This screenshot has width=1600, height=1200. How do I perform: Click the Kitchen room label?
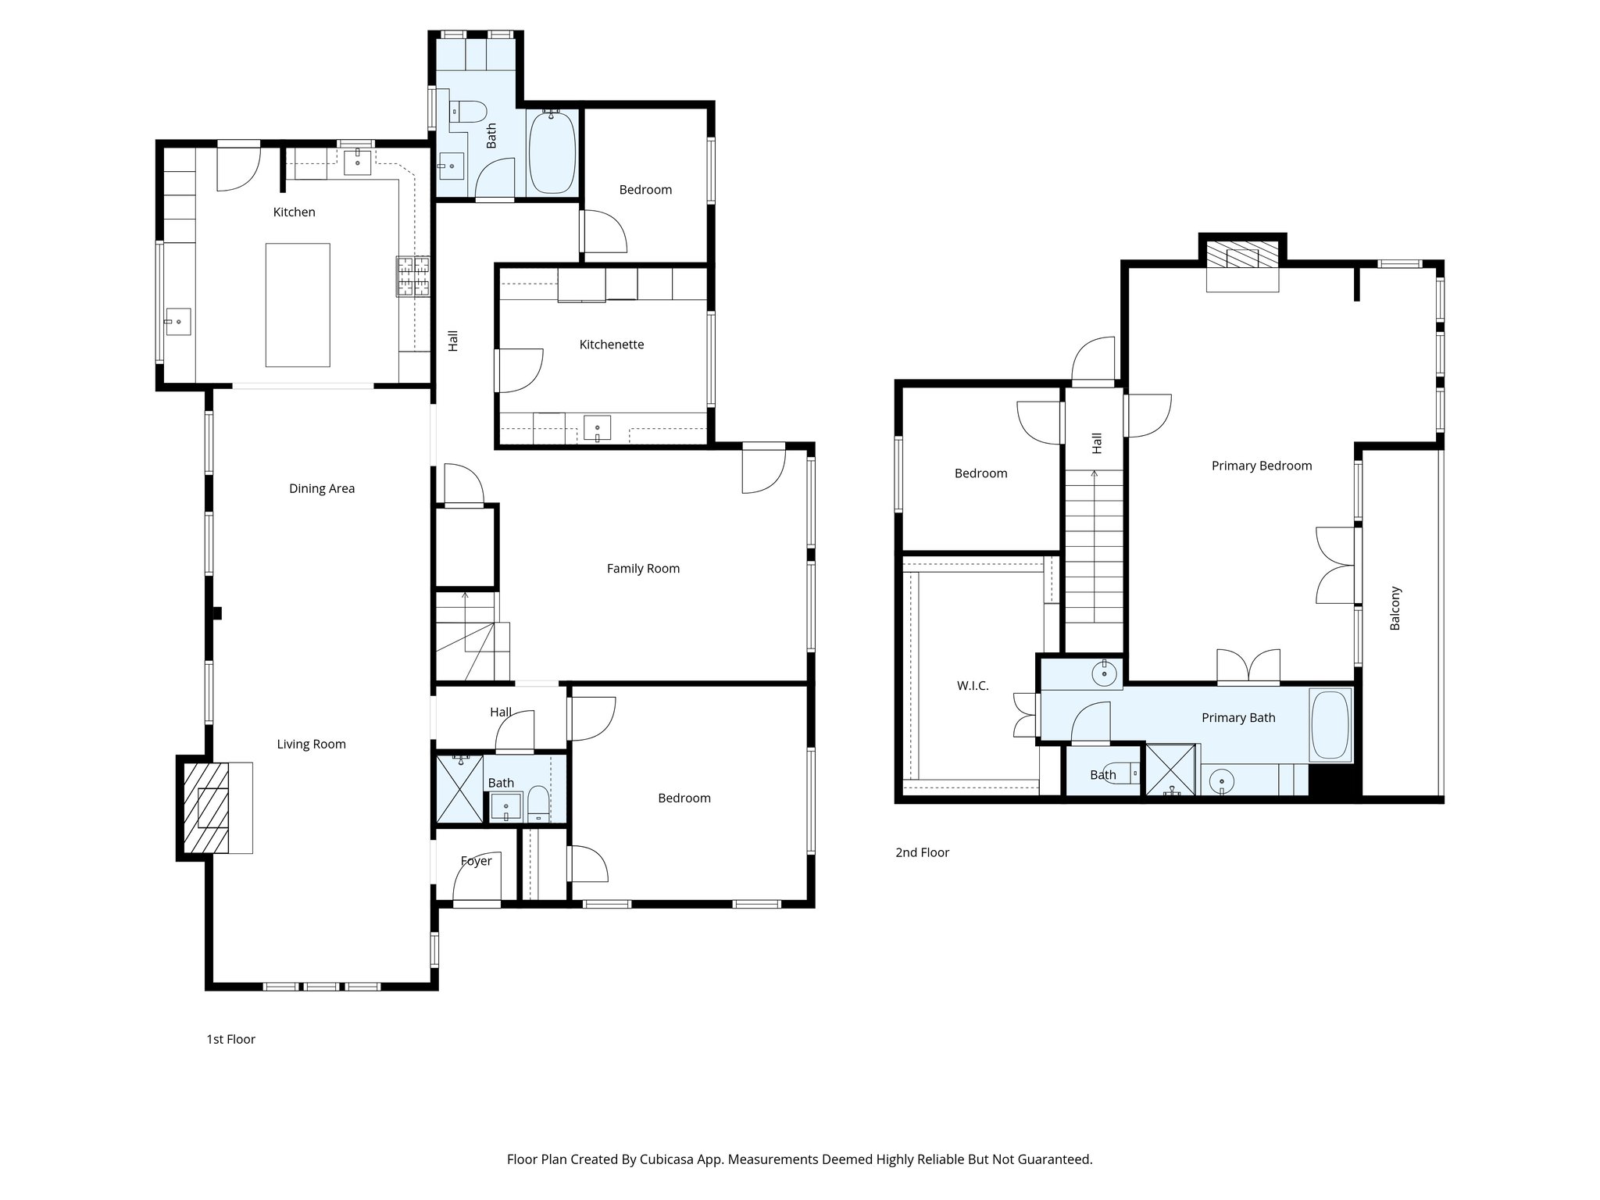294,212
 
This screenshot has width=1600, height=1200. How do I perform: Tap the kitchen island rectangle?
297,305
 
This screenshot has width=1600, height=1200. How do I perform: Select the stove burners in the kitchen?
413,277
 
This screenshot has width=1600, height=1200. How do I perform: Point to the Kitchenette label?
611,345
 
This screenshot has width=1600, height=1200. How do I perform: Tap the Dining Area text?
321,488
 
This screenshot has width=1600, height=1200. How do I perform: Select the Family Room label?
643,569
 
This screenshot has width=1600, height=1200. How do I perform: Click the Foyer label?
476,861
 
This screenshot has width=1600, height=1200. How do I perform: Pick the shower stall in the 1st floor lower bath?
459,789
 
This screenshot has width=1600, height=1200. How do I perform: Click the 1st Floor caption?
230,1039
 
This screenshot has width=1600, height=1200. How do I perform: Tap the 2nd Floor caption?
922,852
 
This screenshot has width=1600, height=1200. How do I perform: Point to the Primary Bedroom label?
1261,466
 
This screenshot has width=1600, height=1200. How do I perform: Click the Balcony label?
1395,609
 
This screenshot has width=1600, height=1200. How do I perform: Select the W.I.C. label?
973,686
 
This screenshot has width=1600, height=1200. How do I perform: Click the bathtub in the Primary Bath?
1330,724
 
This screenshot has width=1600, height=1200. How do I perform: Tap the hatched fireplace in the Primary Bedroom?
1242,255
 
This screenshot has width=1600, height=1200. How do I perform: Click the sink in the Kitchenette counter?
598,428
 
